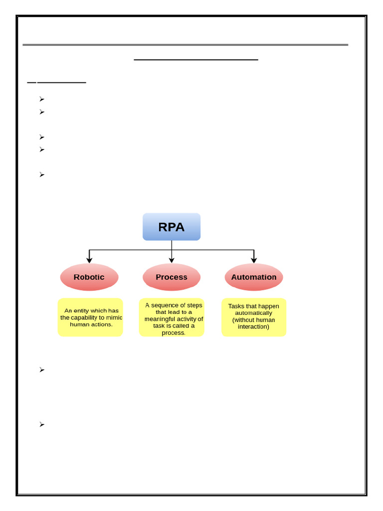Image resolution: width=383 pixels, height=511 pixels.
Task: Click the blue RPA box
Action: coord(172,227)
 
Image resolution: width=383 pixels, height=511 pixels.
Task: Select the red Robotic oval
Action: coord(89,277)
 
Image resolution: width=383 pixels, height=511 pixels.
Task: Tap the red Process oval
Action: coord(172,277)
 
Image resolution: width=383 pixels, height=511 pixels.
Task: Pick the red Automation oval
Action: coord(254,277)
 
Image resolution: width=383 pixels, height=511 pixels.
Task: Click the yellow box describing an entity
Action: coord(90,317)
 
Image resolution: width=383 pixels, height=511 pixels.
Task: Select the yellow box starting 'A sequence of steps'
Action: coord(172,318)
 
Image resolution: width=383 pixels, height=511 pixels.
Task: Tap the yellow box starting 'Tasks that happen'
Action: coord(254,317)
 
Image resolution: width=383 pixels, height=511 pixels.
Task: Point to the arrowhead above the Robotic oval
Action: coord(89,259)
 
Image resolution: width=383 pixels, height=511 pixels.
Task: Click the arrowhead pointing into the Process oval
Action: coord(172,259)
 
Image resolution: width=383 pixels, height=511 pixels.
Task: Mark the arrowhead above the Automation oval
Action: coord(254,259)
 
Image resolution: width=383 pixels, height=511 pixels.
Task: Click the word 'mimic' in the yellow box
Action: coord(114,317)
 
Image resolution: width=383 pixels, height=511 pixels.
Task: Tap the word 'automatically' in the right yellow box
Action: coord(253,313)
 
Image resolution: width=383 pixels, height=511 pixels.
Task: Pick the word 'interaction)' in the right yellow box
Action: coord(253,327)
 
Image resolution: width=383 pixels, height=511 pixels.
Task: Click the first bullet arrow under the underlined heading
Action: coord(42,99)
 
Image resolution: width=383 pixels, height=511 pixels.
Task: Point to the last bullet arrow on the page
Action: coord(42,424)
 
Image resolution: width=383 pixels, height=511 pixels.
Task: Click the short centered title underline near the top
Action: coord(196,59)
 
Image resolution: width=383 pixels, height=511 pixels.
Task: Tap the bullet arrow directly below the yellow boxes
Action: coord(42,370)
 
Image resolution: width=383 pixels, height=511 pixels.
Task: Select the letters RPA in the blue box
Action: coord(172,227)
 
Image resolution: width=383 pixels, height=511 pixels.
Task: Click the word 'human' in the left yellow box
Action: coord(79,324)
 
